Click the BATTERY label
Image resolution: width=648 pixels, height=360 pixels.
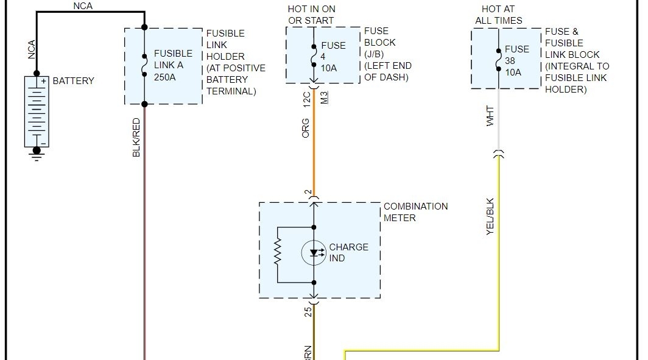(74, 80)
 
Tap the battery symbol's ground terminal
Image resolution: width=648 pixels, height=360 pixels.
(37, 154)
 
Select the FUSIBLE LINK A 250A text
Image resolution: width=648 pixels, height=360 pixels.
(172, 66)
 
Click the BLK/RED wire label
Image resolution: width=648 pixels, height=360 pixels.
(136, 138)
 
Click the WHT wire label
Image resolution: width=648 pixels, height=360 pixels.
(490, 116)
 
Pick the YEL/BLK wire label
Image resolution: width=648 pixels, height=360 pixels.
(490, 216)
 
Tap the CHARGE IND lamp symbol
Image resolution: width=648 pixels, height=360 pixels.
(314, 253)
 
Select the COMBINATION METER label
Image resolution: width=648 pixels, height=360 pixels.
(415, 212)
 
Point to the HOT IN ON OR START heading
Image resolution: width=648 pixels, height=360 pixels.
(311, 15)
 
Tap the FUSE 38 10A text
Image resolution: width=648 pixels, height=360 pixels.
(517, 61)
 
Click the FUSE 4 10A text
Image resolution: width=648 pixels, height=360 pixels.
(333, 57)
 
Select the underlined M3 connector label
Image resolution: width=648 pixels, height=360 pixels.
(324, 97)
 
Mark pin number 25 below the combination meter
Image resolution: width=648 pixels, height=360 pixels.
(308, 311)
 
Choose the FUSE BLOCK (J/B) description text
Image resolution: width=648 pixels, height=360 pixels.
(387, 54)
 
